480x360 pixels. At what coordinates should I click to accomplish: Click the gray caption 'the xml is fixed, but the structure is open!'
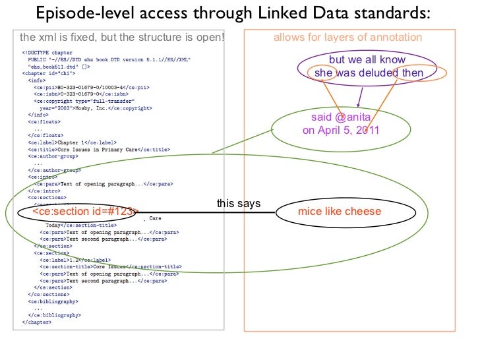(122, 37)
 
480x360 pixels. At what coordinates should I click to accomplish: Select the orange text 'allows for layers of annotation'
(347, 38)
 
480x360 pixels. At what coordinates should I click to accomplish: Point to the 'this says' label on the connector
(239, 204)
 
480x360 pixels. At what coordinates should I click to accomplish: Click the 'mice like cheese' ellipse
(340, 211)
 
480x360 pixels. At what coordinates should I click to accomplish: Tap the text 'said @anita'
(341, 117)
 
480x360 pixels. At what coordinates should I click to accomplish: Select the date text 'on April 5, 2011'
(341, 130)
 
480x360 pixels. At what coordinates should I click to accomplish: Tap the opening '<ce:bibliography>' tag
(55, 301)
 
